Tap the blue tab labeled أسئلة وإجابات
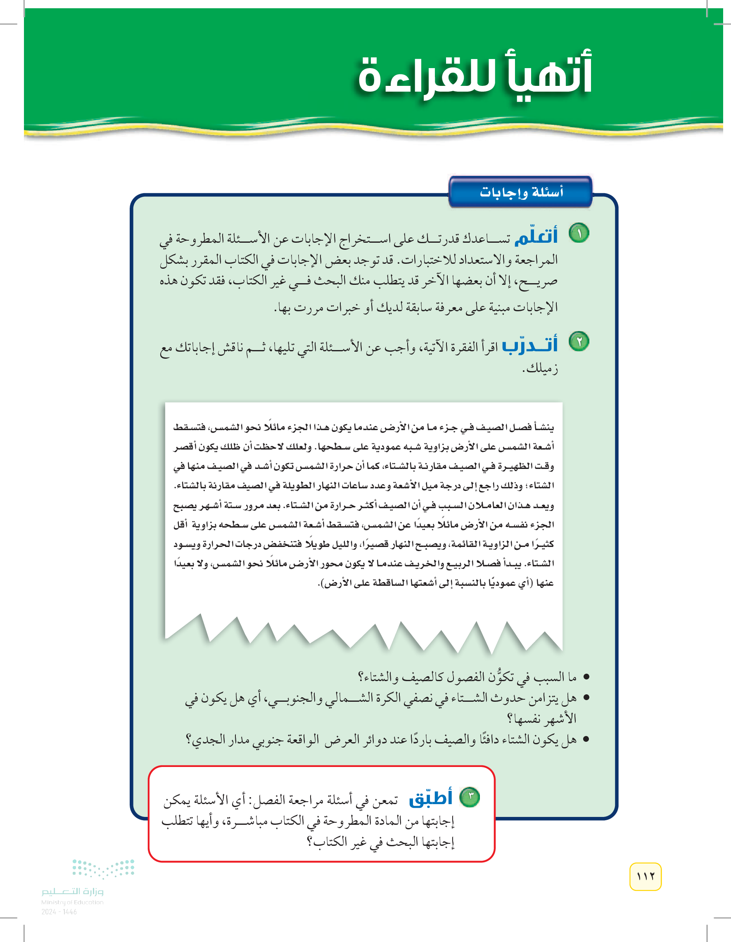coord(521,192)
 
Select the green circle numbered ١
coord(579,233)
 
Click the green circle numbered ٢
coord(579,341)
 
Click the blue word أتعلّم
coord(536,237)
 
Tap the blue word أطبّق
coord(431,798)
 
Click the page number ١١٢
coord(645,876)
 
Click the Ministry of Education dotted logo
coord(104,868)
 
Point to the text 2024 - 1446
coord(59,912)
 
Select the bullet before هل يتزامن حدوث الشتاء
coord(586,698)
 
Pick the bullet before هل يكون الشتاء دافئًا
coord(586,739)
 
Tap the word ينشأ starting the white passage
coord(544,427)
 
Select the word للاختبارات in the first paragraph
coord(427,260)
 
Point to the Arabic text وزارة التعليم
coord(73,891)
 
